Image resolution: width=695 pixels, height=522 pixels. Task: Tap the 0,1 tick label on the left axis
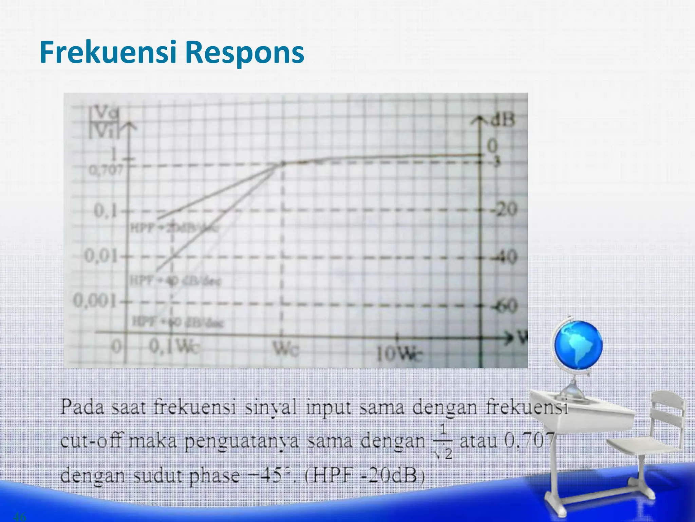[106, 211]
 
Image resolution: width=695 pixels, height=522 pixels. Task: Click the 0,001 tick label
[95, 300]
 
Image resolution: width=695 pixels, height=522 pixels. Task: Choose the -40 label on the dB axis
[504, 257]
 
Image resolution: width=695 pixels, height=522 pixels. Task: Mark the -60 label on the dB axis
[504, 306]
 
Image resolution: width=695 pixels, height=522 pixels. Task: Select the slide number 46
[19, 517]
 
